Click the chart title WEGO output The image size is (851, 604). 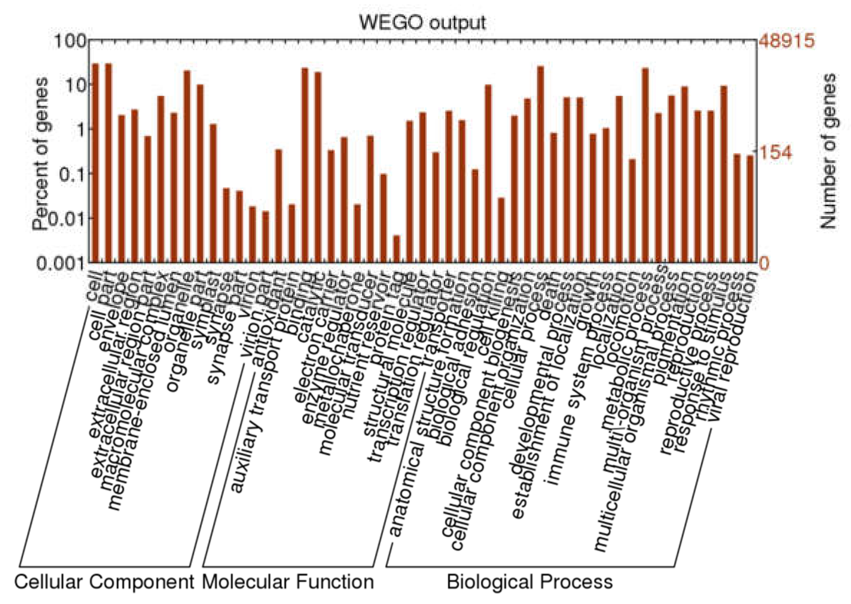[422, 23]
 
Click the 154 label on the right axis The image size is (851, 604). [774, 153]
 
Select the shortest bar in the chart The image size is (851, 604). [396, 249]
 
